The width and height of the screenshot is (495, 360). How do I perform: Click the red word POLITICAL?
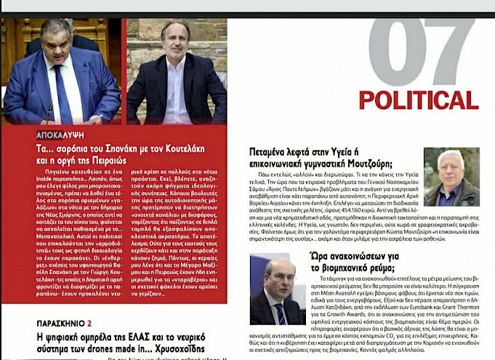(x=417, y=100)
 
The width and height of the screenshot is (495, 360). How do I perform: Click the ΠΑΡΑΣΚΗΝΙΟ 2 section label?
(x=64, y=323)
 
